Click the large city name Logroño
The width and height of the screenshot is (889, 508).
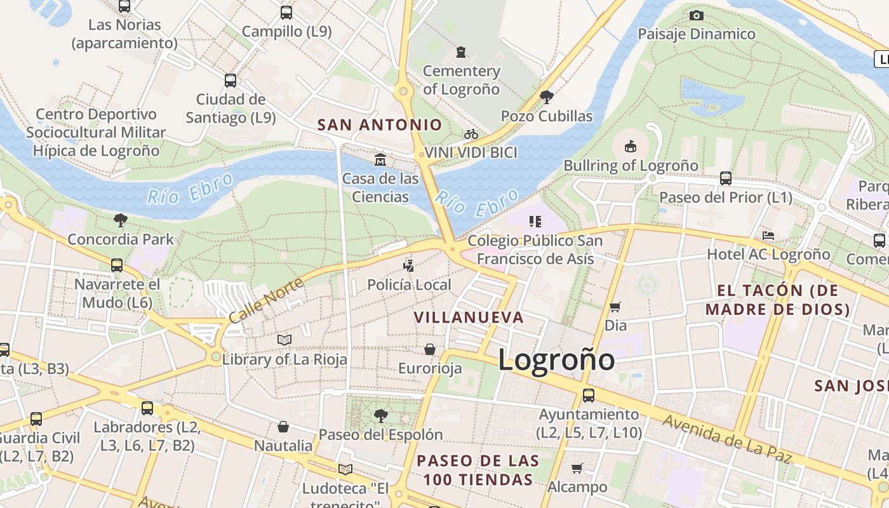click(x=556, y=360)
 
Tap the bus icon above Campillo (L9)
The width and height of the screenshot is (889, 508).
click(x=286, y=12)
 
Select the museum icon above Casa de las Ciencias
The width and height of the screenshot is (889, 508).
click(x=380, y=159)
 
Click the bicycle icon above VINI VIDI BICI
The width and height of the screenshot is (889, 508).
click(x=471, y=134)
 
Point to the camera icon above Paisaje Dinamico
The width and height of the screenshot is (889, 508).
click(x=697, y=15)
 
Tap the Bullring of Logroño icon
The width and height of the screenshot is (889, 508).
click(x=630, y=147)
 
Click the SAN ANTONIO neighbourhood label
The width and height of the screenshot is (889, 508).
click(x=380, y=124)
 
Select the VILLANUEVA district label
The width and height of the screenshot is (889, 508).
click(x=469, y=317)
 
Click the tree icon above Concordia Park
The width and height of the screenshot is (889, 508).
click(x=120, y=220)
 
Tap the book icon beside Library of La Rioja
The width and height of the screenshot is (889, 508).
click(x=284, y=340)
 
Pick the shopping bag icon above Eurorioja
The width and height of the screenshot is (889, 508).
click(x=430, y=349)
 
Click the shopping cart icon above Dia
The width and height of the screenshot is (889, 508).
click(x=615, y=307)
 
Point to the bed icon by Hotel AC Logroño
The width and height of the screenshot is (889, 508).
click(x=768, y=236)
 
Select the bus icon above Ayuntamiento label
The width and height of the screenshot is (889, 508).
click(x=589, y=395)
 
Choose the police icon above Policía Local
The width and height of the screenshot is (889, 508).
click(x=409, y=265)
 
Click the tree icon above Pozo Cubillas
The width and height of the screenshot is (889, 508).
click(x=546, y=97)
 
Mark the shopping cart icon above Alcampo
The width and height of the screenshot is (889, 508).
click(x=577, y=469)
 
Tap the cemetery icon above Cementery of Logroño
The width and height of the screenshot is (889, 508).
click(x=461, y=51)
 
